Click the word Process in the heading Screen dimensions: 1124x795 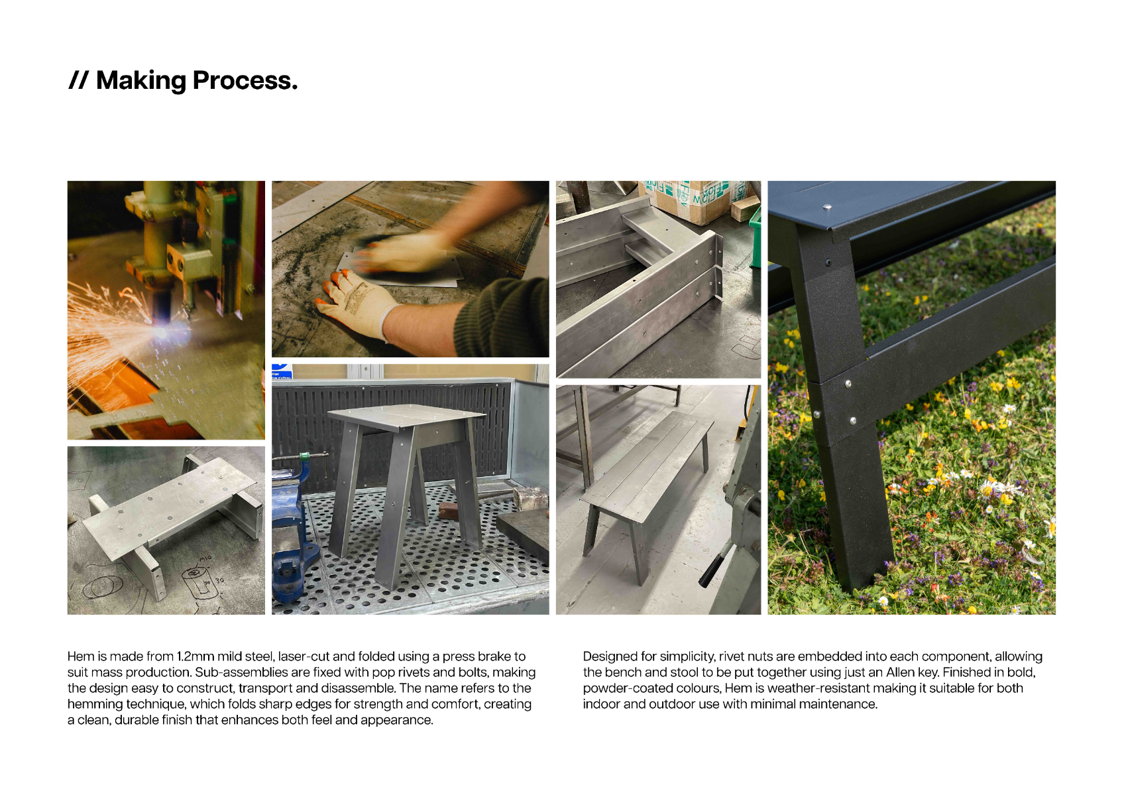pyautogui.click(x=245, y=81)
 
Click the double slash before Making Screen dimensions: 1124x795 pyautogui.click(x=78, y=80)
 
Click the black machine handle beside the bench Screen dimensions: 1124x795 pyautogui.click(x=712, y=570)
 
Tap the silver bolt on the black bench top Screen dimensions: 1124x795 pyautogui.click(x=828, y=206)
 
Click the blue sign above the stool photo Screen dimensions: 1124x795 pyautogui.click(x=282, y=371)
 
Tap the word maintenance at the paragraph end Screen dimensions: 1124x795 pyautogui.click(x=838, y=704)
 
